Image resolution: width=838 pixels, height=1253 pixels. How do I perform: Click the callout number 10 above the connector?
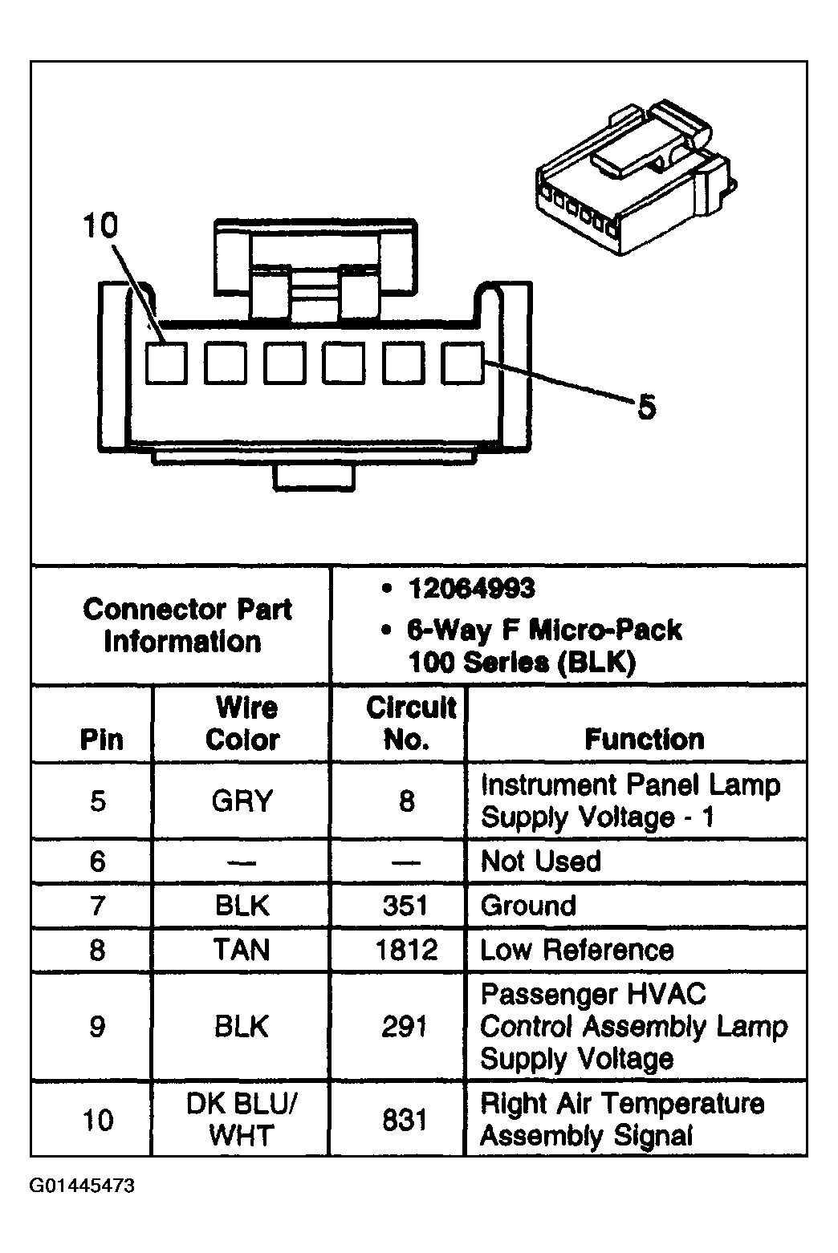click(x=100, y=226)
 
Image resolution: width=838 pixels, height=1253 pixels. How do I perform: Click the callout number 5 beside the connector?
click(x=646, y=407)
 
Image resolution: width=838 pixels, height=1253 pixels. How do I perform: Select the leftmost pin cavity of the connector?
click(x=166, y=363)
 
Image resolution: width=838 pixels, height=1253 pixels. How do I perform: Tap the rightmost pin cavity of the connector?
click(x=462, y=363)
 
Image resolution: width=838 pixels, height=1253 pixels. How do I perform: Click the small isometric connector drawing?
click(x=636, y=177)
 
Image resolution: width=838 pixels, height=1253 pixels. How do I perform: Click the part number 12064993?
click(x=471, y=589)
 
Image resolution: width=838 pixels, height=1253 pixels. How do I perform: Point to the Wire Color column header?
click(x=242, y=724)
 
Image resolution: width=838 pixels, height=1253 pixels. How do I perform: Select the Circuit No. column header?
click(x=411, y=724)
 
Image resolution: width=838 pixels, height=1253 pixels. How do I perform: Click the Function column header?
click(x=645, y=739)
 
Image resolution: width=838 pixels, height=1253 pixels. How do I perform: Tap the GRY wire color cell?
click(x=242, y=801)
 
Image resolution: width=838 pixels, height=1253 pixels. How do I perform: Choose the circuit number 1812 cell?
click(x=406, y=950)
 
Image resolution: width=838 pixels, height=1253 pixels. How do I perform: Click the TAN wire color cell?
click(x=242, y=950)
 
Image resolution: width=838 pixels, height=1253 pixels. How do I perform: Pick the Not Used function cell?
click(x=541, y=861)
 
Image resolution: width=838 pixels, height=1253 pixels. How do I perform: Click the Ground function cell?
click(x=528, y=906)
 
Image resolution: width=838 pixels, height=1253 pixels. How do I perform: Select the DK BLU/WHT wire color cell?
click(x=242, y=1119)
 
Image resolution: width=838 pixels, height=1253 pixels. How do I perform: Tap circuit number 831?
click(x=405, y=1120)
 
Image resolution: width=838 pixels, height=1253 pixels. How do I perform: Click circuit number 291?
click(x=405, y=1027)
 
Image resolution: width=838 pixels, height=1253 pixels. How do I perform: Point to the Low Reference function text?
click(x=576, y=950)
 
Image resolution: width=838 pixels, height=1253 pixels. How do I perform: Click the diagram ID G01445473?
click(x=83, y=1186)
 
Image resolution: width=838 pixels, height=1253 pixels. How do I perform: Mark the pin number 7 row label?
click(x=98, y=906)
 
